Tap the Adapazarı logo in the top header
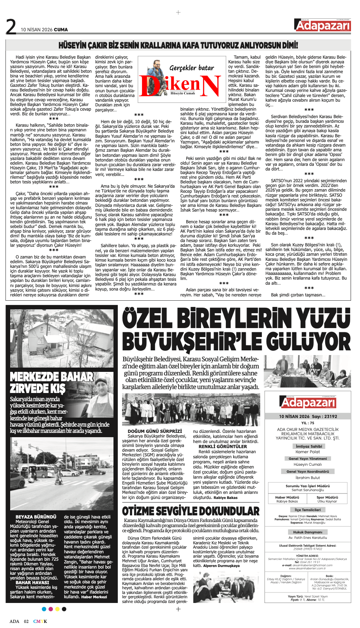[322, 25]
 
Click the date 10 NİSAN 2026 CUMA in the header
[44, 30]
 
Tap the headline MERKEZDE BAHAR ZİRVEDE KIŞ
[52, 382]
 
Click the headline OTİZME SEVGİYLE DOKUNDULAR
[191, 511]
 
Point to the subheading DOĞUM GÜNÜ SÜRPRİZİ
[155, 431]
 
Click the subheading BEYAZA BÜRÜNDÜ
[36, 517]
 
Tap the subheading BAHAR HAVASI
[32, 582]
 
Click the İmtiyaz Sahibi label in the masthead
[309, 446]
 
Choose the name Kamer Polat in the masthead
[308, 452]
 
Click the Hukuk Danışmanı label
[308, 532]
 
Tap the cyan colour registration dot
[44, 609]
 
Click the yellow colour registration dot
[57, 609]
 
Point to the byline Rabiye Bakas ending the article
[225, 498]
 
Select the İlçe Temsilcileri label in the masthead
[308, 510]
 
